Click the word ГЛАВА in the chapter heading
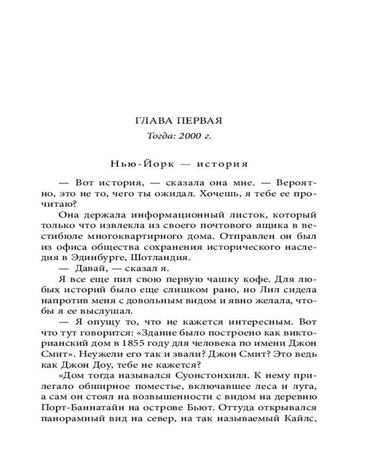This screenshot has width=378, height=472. tap(151, 120)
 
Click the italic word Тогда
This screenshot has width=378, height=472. tap(158, 136)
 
